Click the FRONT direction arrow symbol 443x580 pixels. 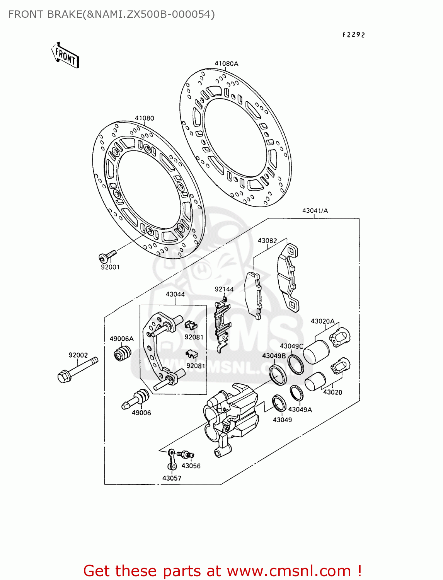click(65, 56)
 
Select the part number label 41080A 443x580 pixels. click(227, 63)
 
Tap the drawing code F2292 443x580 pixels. click(353, 35)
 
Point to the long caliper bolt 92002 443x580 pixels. click(77, 370)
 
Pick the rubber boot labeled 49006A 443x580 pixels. click(122, 353)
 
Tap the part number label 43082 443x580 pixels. click(267, 241)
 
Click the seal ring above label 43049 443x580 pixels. click(279, 403)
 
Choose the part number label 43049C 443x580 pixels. click(291, 346)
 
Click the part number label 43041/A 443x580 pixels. click(315, 211)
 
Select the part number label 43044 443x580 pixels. click(175, 294)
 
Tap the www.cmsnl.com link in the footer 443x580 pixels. click(288, 571)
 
